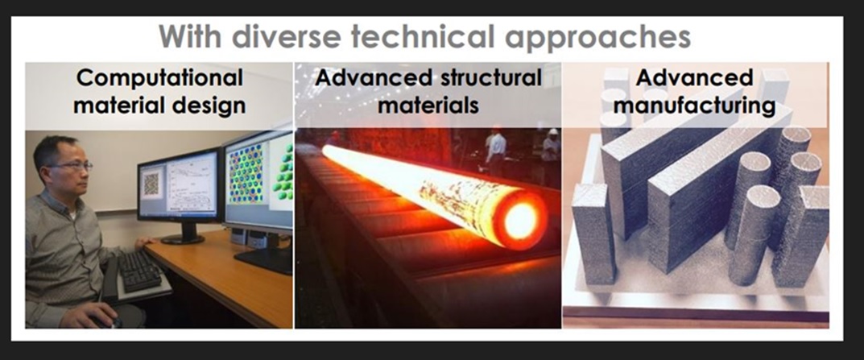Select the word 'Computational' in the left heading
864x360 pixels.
(x=159, y=78)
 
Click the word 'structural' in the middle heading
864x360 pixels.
(x=484, y=77)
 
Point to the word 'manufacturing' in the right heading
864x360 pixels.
(x=694, y=106)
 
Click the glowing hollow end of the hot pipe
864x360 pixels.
(x=521, y=220)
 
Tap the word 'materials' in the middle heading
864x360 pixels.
(x=428, y=105)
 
